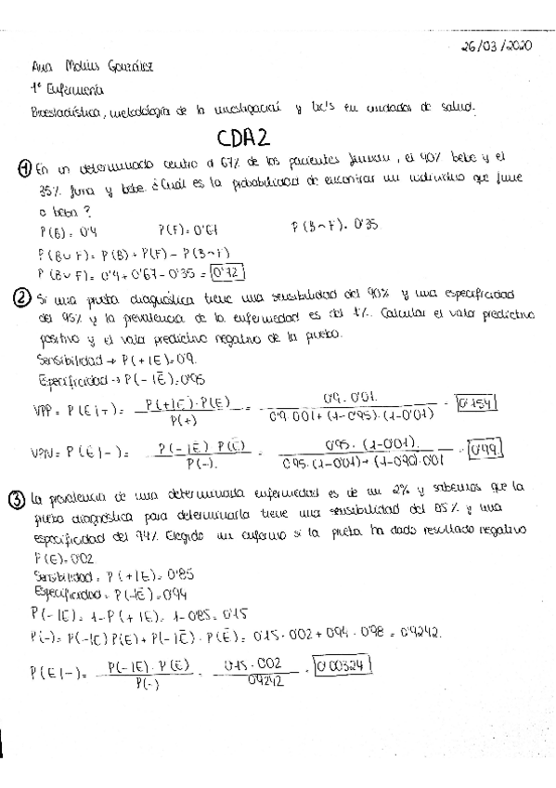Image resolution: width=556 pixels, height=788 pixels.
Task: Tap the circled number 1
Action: point(24,168)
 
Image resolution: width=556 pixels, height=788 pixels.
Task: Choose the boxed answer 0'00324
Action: point(343,665)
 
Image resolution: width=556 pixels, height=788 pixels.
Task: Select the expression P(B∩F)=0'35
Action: point(323,228)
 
